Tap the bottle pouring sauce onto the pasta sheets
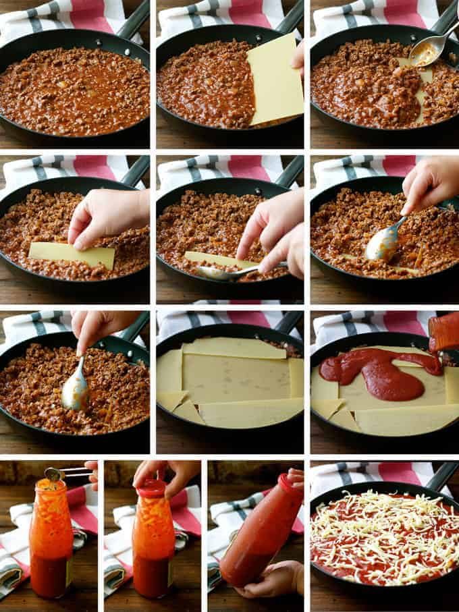443,333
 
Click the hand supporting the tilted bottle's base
273,580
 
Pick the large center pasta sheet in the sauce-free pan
236,378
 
